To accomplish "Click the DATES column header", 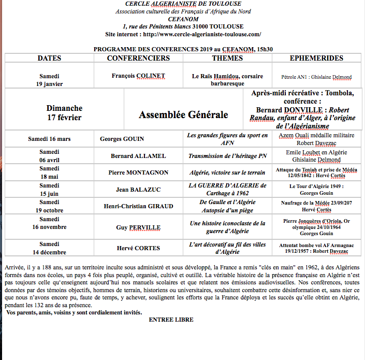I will point(49,58).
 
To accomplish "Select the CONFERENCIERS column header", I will point(138,58).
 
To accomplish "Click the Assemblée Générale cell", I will point(183,114).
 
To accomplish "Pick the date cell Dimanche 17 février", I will point(64,113).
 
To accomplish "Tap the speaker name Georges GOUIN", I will point(122,139).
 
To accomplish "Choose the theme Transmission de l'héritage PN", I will point(227,156).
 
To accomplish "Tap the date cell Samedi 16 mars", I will point(49,139).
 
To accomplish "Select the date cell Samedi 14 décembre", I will point(49,248).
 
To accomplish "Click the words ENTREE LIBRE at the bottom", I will point(171,320).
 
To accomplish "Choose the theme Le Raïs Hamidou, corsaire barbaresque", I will point(227,79).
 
